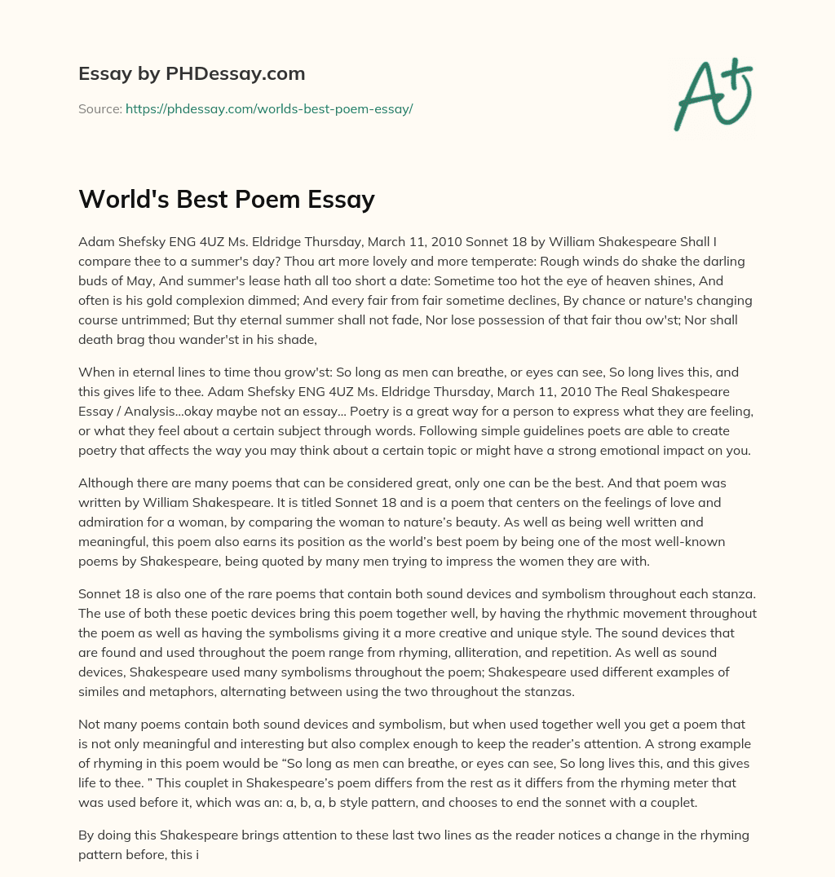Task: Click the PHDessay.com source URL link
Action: (x=269, y=108)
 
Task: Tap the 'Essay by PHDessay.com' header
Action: (x=192, y=73)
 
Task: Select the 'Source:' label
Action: (x=100, y=108)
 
